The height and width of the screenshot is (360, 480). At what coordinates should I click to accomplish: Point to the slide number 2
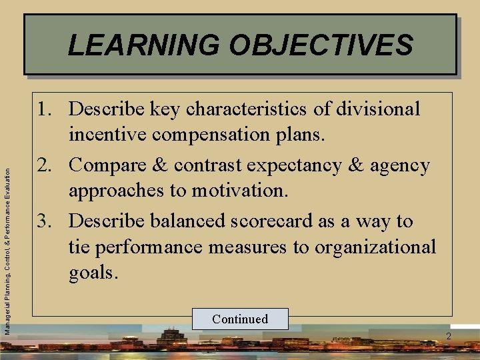click(x=449, y=336)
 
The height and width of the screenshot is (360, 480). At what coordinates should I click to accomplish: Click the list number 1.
click(x=49, y=109)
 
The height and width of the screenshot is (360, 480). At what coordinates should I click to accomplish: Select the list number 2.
click(x=49, y=165)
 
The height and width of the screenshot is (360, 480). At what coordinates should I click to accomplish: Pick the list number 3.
click(x=49, y=221)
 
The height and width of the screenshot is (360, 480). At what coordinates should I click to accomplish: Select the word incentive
click(x=111, y=135)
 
